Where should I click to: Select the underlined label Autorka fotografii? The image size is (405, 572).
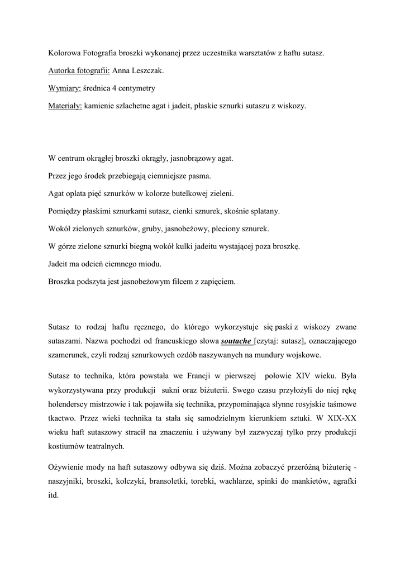pos(79,71)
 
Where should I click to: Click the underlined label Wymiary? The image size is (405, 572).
pos(65,88)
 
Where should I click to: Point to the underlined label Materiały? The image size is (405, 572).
pos(65,106)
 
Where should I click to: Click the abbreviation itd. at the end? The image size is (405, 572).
pos(54,495)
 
